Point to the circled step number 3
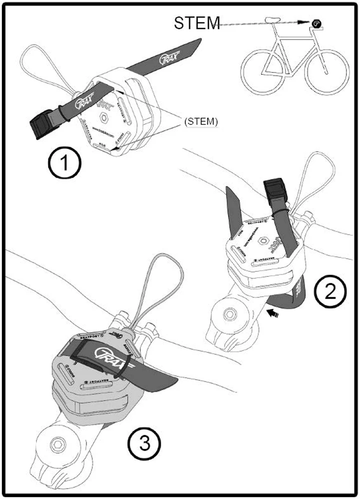click(144, 441)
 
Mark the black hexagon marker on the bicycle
click(316, 23)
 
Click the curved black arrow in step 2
click(272, 313)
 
